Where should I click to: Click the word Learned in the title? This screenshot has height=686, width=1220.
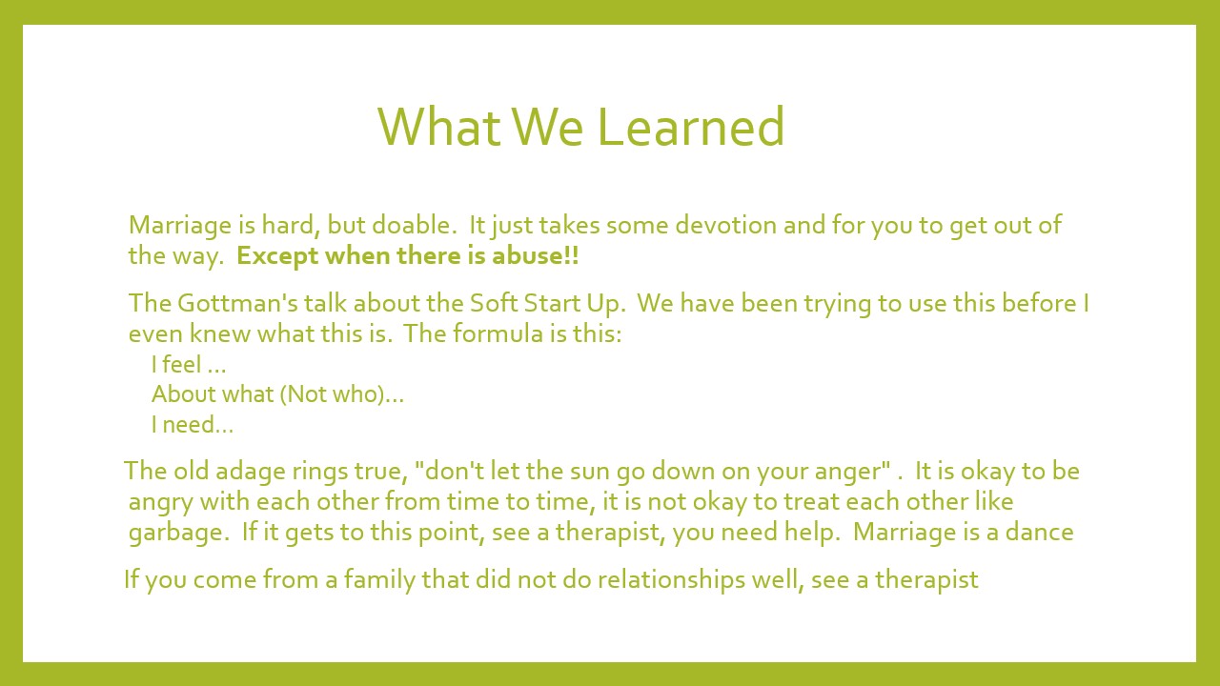691,127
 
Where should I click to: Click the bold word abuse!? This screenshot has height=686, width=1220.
536,255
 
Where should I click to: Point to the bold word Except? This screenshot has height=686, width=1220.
277,256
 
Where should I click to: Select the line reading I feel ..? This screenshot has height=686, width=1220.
189,364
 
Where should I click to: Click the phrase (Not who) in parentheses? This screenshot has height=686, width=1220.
333,394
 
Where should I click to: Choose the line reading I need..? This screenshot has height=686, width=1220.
193,425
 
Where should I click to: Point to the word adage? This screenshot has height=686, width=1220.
251,471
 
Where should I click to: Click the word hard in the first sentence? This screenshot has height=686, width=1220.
287,225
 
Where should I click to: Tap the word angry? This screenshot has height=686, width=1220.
161,502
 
